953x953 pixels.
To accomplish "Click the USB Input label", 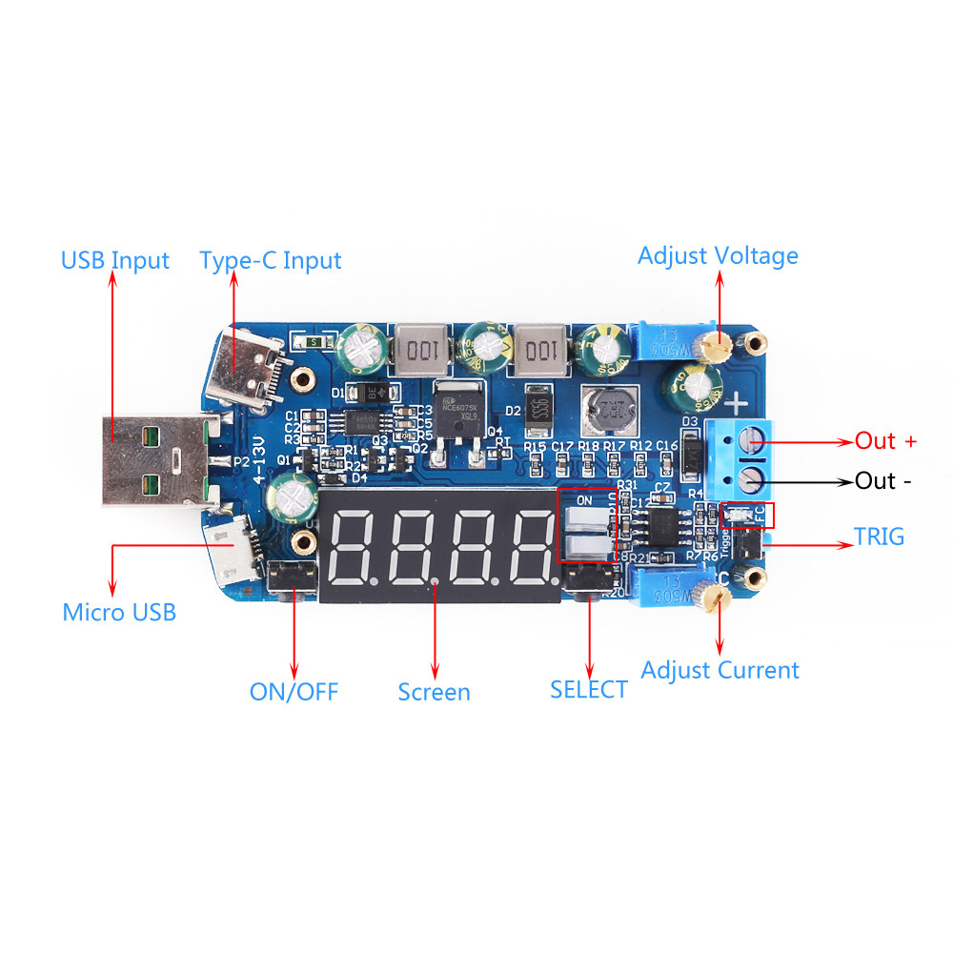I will tap(114, 260).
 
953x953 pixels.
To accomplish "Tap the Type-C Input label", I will tap(270, 260).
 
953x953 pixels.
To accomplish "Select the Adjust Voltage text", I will tap(718, 255).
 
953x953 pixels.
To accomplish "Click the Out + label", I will tap(885, 441).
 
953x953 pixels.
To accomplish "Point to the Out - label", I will tap(882, 480).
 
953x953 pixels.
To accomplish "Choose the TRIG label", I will tap(879, 537).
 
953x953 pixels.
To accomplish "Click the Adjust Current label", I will tap(720, 670).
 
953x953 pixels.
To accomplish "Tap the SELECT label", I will tap(588, 689).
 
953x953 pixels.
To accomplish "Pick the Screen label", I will tap(434, 692).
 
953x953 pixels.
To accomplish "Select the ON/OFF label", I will tap(294, 692).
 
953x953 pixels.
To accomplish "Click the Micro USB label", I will tap(119, 612).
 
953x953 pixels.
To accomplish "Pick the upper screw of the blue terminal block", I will tap(752, 439).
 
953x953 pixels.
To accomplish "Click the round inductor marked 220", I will tap(610, 413).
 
